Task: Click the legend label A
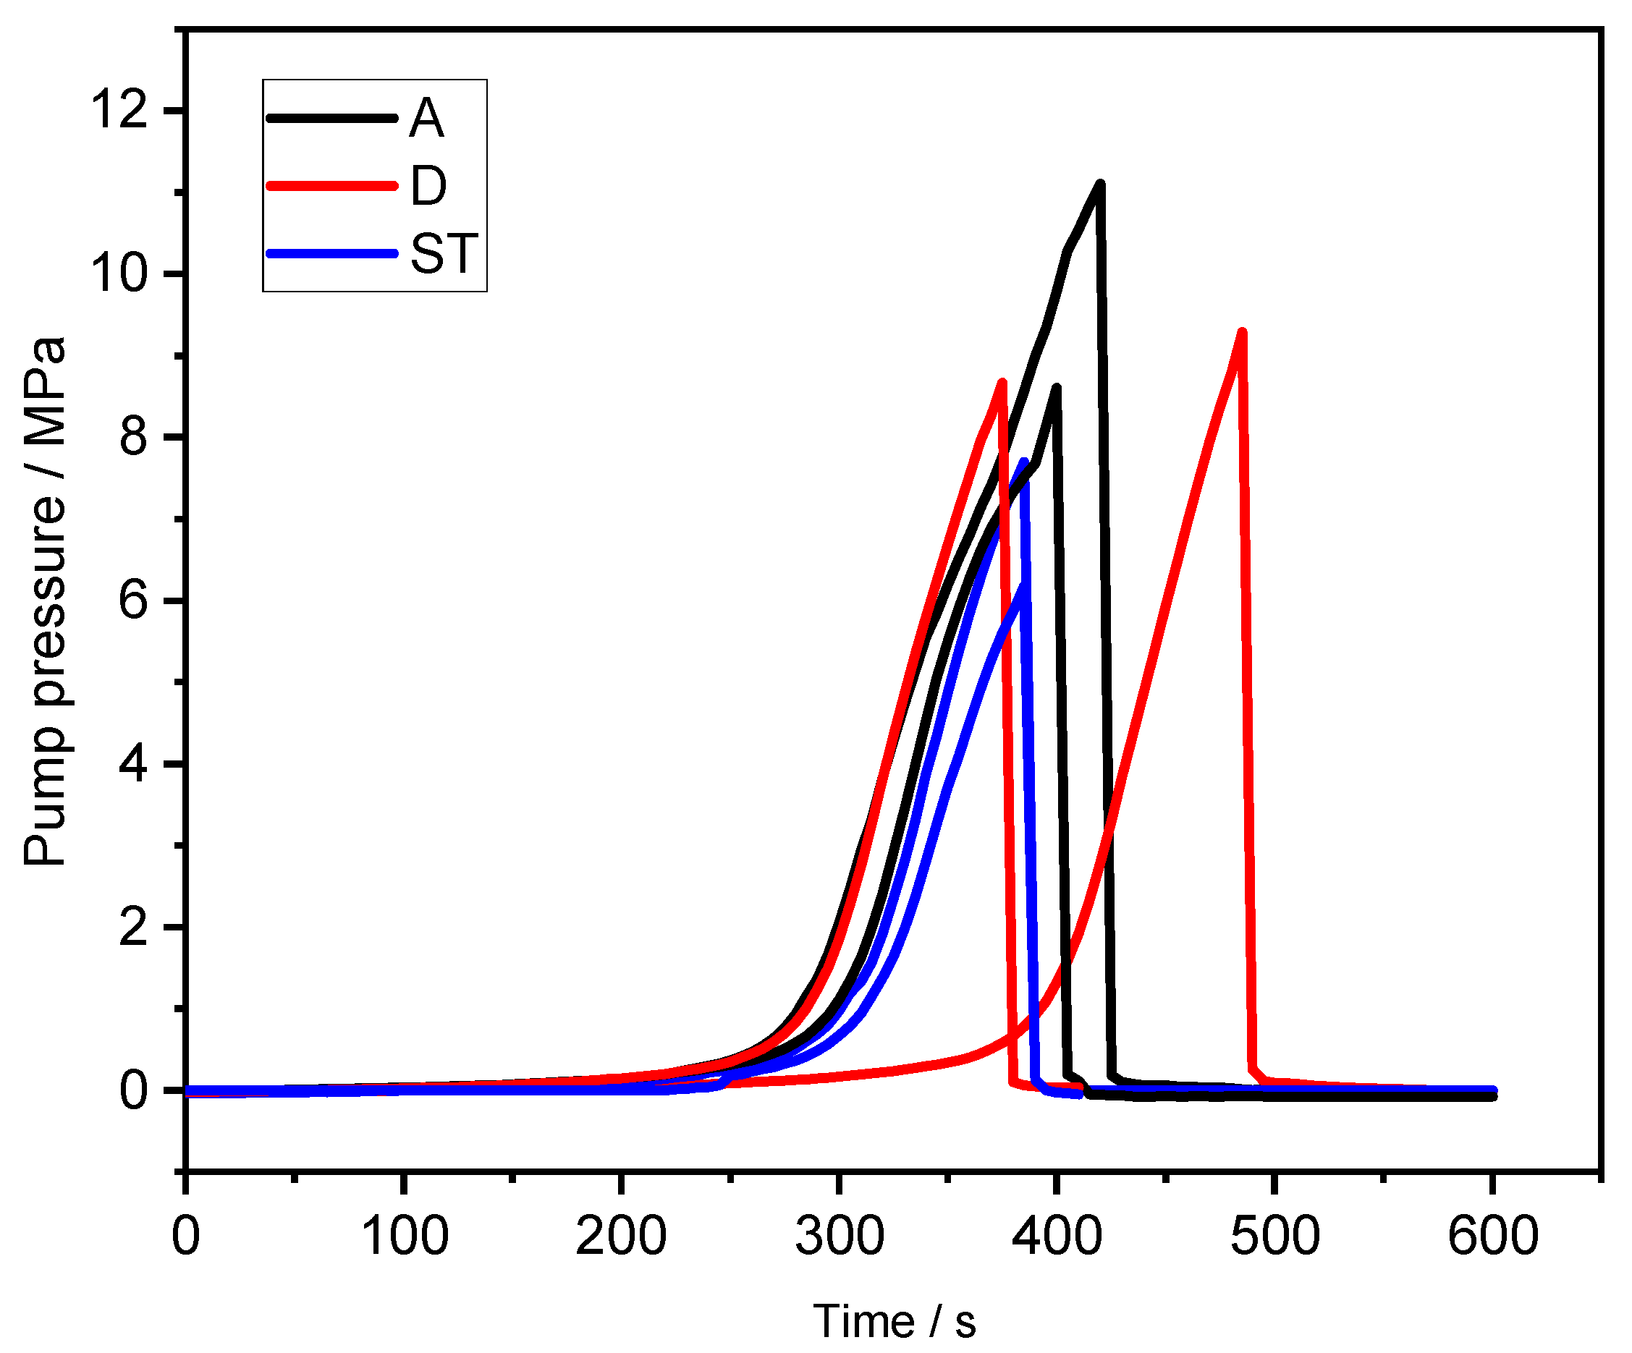[x=427, y=119]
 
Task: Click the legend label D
[x=428, y=186]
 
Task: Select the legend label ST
[x=444, y=253]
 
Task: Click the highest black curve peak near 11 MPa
[x=1099, y=184]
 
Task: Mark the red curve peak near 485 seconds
[x=1242, y=333]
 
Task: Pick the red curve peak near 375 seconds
[x=1002, y=382]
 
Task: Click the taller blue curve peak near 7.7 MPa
[x=1023, y=462]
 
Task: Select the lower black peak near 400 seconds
[x=1056, y=387]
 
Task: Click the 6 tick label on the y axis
[x=133, y=601]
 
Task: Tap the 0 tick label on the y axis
[x=133, y=1090]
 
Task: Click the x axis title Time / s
[x=894, y=1321]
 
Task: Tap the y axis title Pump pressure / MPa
[x=44, y=601]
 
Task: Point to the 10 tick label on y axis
[x=119, y=273]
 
